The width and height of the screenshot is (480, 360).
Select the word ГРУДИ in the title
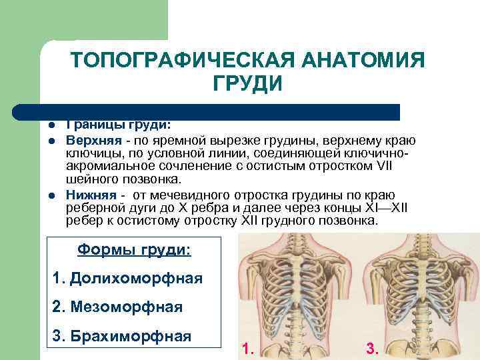[x=247, y=85]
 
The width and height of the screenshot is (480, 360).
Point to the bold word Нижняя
[x=90, y=194]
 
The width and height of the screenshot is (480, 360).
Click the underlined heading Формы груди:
[x=133, y=250]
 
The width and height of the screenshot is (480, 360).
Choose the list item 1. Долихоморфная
[x=127, y=278]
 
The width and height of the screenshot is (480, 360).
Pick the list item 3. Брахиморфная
[x=121, y=335]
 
